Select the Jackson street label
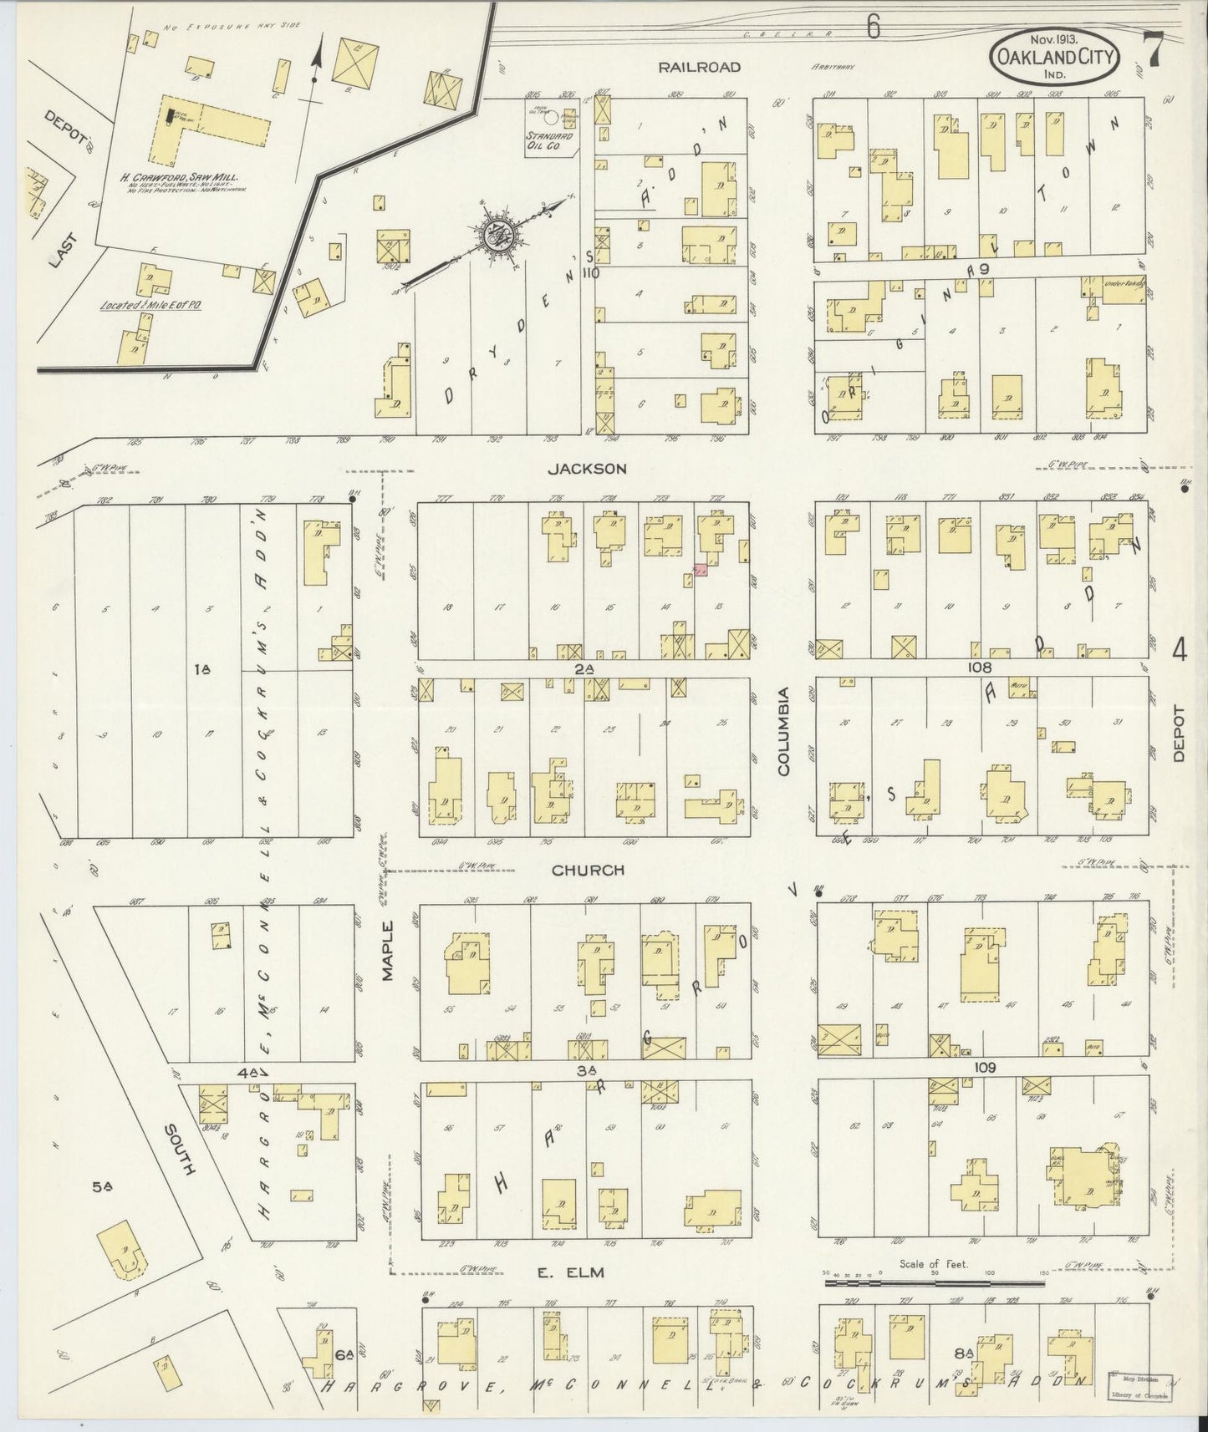587,469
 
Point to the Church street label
588,870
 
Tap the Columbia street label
784,733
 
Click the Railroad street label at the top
699,67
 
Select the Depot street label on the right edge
1179,734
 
